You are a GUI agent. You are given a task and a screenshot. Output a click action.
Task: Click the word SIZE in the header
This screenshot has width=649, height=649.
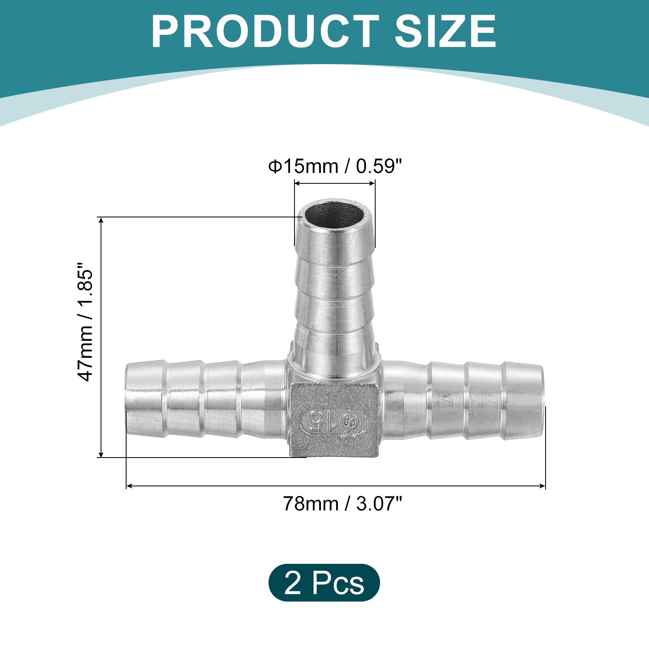445,31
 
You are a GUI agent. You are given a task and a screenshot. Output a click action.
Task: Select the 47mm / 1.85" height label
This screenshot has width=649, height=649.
85,322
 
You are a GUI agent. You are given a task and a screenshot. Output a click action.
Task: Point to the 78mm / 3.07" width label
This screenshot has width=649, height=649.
342,504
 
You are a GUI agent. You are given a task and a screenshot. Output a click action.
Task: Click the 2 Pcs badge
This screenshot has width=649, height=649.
324,582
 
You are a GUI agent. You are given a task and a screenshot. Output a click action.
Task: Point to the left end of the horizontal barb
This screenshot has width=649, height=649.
127,400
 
